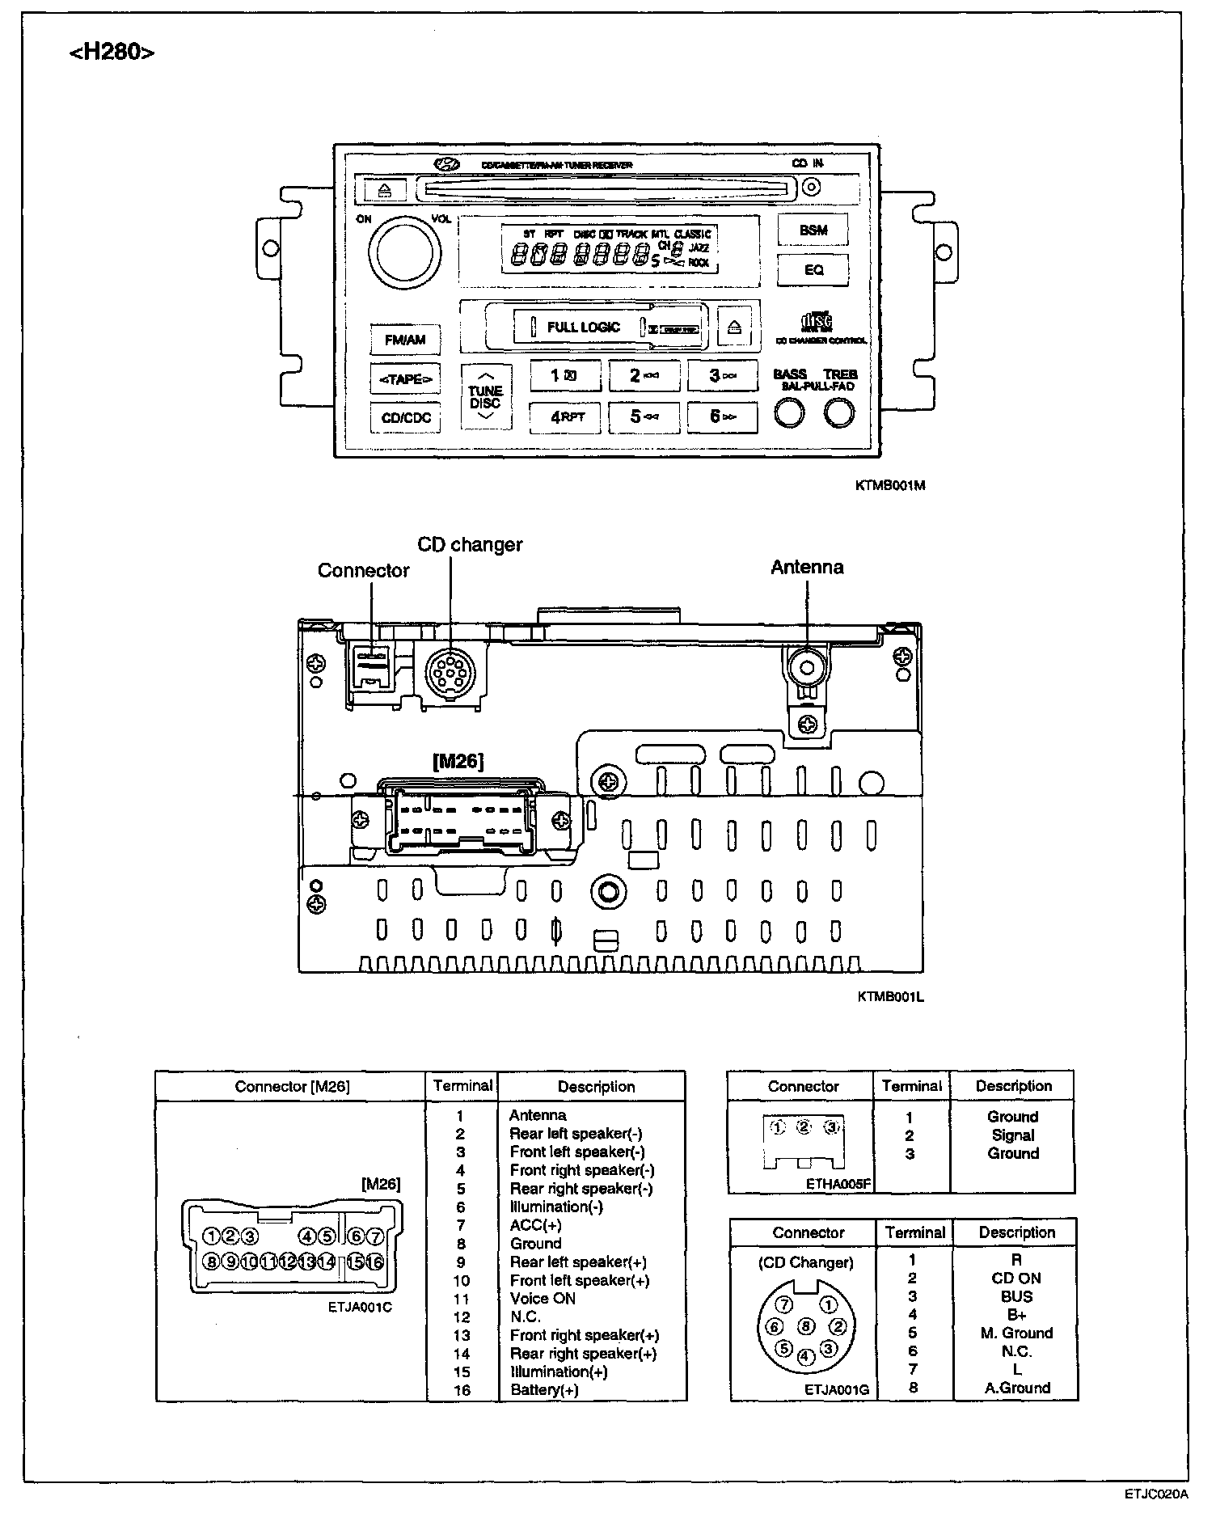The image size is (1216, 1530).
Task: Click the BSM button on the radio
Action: click(x=813, y=230)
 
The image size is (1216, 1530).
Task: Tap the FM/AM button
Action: click(x=405, y=340)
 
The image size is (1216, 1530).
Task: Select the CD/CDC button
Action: click(x=406, y=418)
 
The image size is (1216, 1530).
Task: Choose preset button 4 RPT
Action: click(x=565, y=417)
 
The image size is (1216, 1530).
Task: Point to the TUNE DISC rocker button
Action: click(x=485, y=396)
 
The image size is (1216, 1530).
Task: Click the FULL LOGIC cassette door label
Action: click(x=583, y=328)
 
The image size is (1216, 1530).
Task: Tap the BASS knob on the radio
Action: click(x=789, y=413)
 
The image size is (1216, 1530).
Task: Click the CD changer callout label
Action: click(x=470, y=545)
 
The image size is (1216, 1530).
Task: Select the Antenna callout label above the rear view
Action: click(x=807, y=568)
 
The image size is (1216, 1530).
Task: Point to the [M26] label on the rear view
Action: click(x=458, y=761)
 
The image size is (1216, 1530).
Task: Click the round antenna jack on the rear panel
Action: click(x=806, y=666)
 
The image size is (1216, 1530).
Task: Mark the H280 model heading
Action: click(x=112, y=53)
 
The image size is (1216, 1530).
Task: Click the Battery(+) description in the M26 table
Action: click(x=544, y=1390)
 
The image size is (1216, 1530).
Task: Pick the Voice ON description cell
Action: click(x=543, y=1299)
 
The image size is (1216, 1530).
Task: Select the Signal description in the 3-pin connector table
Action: click(x=1012, y=1135)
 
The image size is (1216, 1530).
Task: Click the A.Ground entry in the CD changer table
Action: click(x=1017, y=1388)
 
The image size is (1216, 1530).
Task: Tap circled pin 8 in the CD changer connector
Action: click(x=805, y=1326)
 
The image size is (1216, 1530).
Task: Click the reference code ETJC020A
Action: click(x=1155, y=1494)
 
